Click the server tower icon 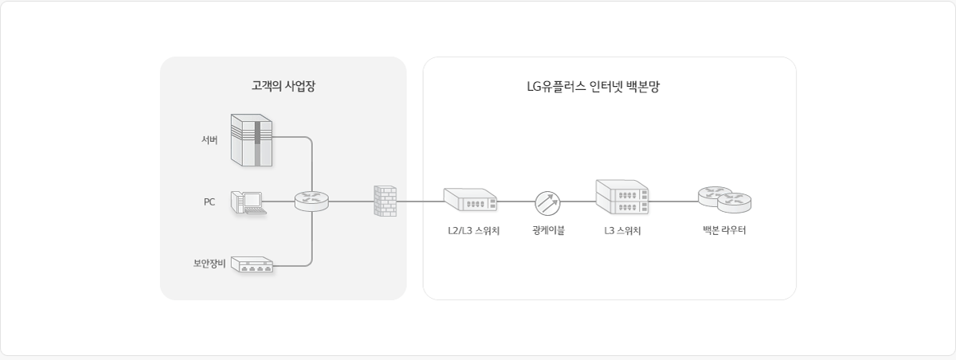click(252, 139)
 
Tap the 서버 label click(210, 140)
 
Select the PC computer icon click(248, 203)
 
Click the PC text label click(210, 202)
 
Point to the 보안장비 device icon click(252, 265)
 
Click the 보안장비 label click(210, 264)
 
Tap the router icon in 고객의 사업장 click(311, 201)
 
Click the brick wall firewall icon click(385, 201)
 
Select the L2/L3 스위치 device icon click(470, 200)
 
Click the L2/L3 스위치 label click(473, 232)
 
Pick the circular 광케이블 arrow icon click(547, 202)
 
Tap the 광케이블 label click(548, 232)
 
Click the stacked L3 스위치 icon click(622, 198)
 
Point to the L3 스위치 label click(623, 232)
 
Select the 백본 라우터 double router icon click(724, 199)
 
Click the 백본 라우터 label click(724, 232)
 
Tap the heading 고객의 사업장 click(284, 86)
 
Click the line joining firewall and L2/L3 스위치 click(420, 202)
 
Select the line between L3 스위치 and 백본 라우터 click(673, 202)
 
